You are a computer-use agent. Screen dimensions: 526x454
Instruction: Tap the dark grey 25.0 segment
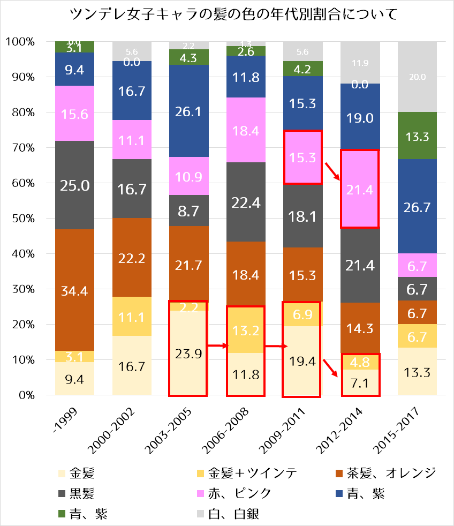pyautogui.click(x=74, y=185)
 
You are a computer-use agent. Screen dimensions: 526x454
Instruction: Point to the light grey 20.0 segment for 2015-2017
pyautogui.click(x=417, y=77)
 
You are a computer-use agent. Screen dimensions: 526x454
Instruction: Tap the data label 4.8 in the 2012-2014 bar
pyautogui.click(x=360, y=362)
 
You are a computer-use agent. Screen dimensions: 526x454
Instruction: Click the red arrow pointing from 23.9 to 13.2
pyautogui.click(x=216, y=346)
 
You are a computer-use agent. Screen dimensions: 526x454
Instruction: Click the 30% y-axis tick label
pyautogui.click(x=25, y=289)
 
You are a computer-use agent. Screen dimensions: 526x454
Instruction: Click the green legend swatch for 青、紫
pyautogui.click(x=63, y=515)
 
